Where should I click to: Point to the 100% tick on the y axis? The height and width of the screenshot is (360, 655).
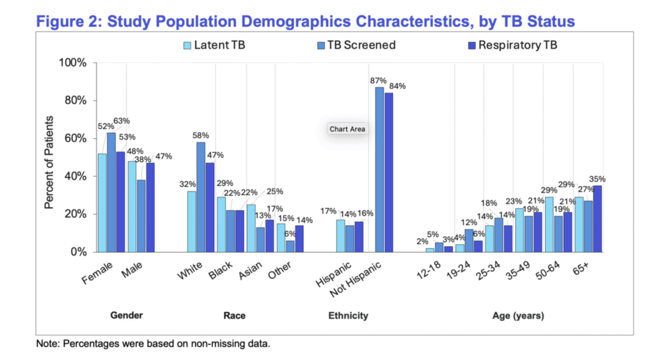coord(74,63)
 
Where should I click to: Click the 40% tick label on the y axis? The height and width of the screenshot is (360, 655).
coord(74,176)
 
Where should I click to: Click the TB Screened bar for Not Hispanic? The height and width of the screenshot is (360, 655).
coord(379,169)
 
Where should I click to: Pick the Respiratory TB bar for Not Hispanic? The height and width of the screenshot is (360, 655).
coord(389,173)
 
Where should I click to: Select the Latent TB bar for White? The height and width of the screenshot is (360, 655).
coord(191,221)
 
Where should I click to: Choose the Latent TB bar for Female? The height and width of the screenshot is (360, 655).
coord(102,203)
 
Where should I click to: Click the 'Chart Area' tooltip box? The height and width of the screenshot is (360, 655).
coord(347,129)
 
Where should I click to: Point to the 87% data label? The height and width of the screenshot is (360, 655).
coord(378,81)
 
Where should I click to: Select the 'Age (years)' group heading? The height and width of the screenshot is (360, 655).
coord(519,315)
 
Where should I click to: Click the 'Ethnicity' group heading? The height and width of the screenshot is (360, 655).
coord(348,315)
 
